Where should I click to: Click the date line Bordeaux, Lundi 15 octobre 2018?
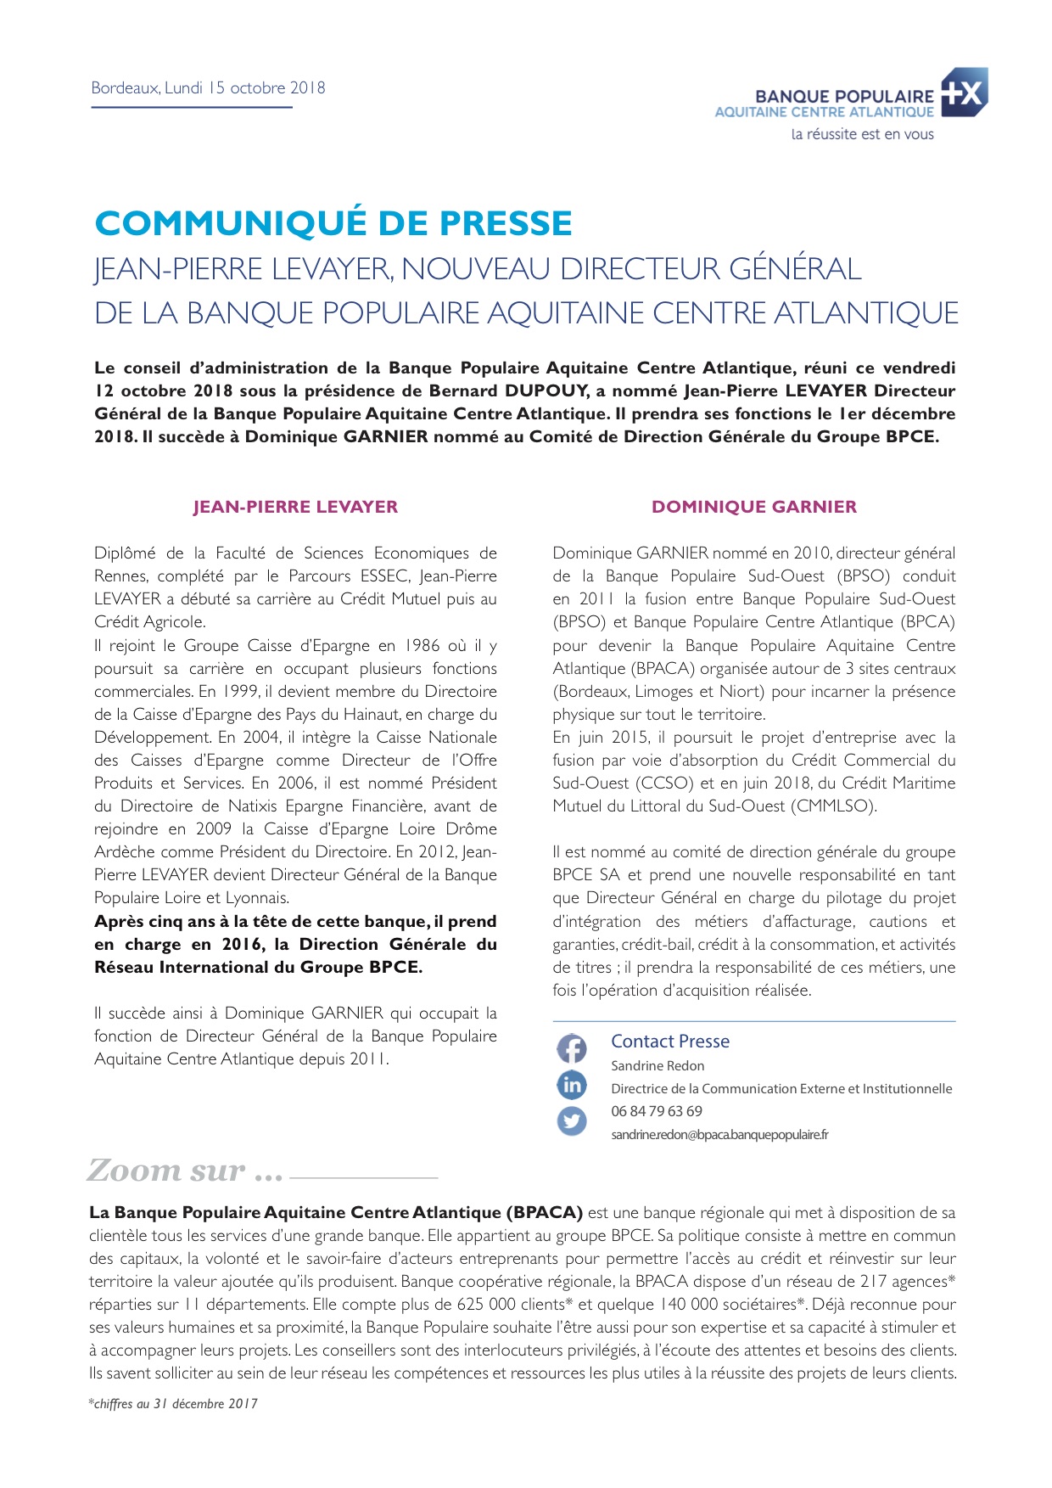(208, 87)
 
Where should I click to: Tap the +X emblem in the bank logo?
(964, 93)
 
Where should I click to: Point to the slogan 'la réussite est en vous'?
(862, 134)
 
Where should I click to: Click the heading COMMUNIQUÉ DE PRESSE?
(333, 223)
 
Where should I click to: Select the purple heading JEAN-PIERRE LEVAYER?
(295, 507)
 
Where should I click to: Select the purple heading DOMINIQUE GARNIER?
(754, 507)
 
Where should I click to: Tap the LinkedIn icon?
(572, 1085)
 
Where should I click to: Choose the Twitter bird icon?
(572, 1121)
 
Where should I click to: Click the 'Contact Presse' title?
(670, 1042)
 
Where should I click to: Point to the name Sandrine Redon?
(657, 1066)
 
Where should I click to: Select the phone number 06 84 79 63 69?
(657, 1111)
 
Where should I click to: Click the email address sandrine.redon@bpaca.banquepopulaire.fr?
(719, 1135)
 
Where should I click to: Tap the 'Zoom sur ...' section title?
(185, 1171)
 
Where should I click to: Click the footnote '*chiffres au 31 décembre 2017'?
(173, 1404)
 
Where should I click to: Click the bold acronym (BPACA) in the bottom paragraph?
(544, 1213)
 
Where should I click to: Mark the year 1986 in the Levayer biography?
(422, 646)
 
